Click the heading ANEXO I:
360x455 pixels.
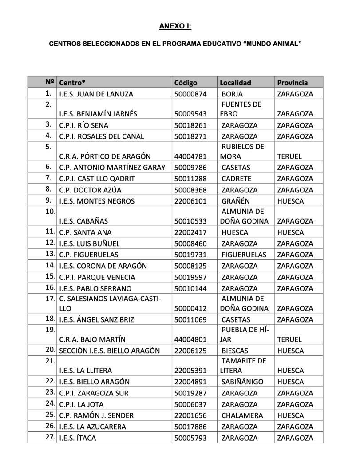point(175,27)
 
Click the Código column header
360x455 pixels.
point(186,83)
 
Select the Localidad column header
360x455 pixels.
point(235,83)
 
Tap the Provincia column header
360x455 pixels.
point(292,83)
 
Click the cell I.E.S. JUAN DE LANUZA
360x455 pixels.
point(96,94)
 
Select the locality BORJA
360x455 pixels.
point(232,94)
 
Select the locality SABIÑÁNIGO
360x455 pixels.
point(242,382)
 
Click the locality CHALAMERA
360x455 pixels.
point(242,415)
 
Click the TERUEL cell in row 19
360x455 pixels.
point(289,339)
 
